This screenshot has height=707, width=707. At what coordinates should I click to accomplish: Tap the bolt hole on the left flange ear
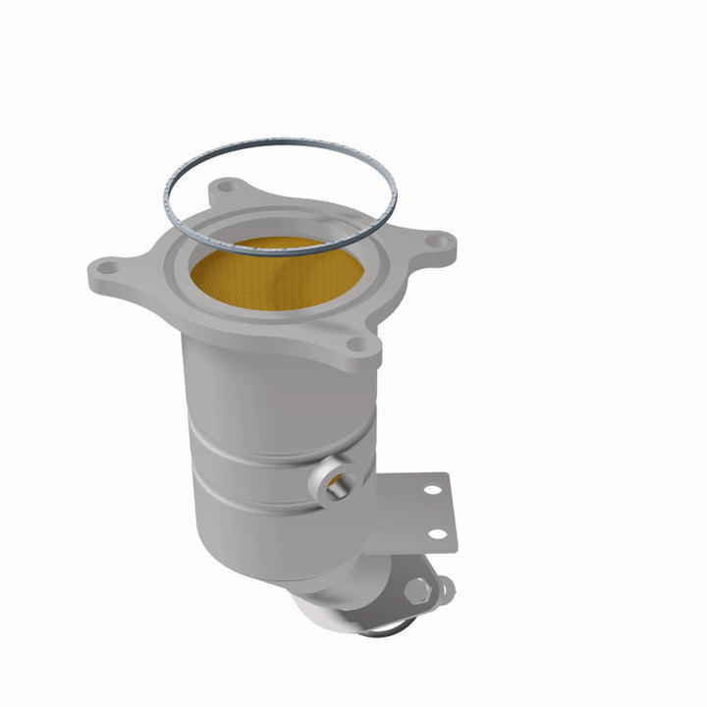[108, 265]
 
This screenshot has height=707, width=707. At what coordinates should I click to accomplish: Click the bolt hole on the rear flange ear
[226, 187]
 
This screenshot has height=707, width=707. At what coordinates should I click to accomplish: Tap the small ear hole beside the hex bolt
[447, 588]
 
